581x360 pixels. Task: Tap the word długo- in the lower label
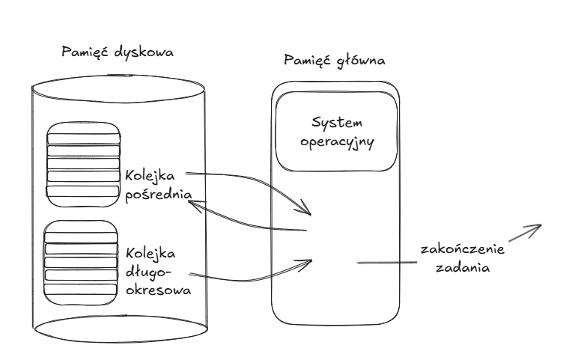150,270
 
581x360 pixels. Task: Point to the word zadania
461,267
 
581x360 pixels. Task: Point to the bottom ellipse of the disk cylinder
120,326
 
